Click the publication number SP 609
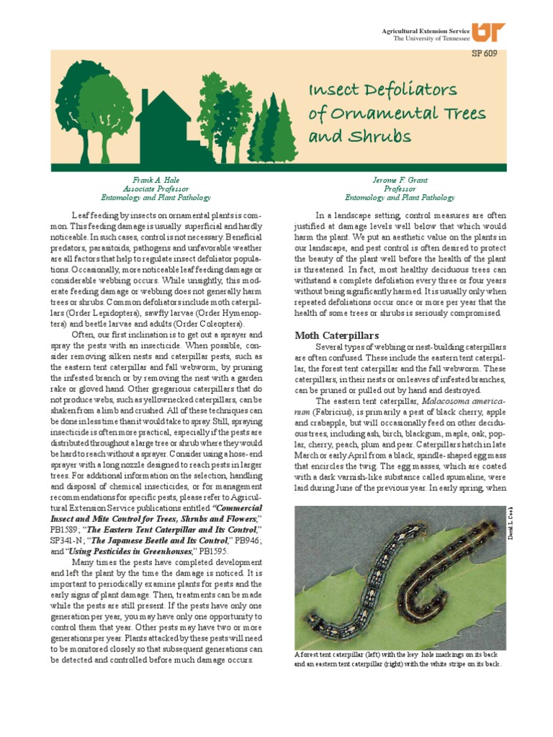484,53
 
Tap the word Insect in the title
334,91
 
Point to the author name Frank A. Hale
156,179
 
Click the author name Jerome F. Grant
400,179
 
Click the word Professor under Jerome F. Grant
400,188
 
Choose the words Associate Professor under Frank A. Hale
156,188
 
